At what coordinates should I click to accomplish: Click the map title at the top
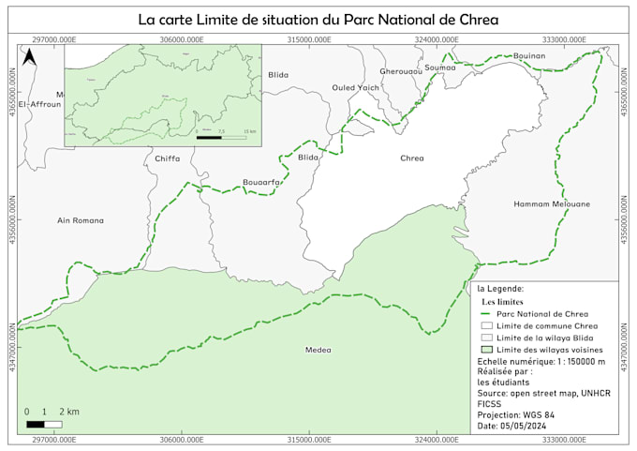pos(318,19)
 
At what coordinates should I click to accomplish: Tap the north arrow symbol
pos(30,59)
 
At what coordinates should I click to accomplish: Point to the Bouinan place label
pos(528,56)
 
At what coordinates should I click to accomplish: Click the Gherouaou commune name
pos(401,71)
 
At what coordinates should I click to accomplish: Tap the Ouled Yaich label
pos(356,87)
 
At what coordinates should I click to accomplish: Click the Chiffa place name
pos(167,158)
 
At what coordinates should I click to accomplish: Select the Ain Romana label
pos(81,220)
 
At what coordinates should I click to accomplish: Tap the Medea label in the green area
pos(318,350)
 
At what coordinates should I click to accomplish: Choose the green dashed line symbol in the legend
pos(484,314)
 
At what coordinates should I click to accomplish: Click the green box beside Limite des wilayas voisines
pos(484,349)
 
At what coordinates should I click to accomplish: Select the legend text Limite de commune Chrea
pos(546,325)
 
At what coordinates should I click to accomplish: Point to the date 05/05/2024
pos(511,427)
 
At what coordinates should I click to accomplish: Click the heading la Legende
pos(500,289)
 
